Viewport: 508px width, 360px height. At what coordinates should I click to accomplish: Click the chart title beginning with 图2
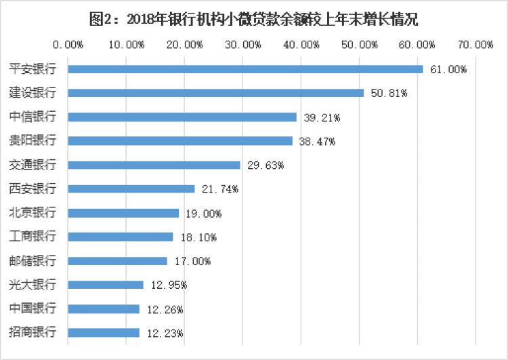coord(254,19)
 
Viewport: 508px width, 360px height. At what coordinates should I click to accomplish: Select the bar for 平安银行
coord(245,69)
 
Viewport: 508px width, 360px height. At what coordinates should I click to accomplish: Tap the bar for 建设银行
coord(216,93)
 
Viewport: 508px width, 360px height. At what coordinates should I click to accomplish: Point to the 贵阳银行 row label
coord(33,141)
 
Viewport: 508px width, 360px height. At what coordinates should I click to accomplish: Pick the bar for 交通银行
coord(154,165)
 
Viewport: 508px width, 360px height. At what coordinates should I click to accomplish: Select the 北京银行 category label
coord(33,213)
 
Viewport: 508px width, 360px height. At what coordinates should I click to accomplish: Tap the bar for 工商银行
coord(121,237)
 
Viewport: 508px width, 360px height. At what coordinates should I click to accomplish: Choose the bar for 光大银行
coord(106,285)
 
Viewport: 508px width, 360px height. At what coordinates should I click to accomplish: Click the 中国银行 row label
coord(33,308)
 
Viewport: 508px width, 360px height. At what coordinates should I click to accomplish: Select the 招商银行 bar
coord(104,333)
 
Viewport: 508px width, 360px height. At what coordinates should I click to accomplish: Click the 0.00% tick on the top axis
coord(68,45)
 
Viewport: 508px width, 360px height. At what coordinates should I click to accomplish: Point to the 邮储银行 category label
coord(33,261)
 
